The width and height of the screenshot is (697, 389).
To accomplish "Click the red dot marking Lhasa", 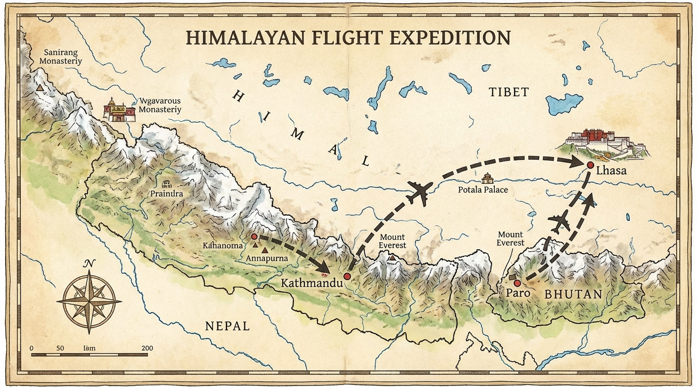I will (x=590, y=165).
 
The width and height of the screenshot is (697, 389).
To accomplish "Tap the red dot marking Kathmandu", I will (x=347, y=276).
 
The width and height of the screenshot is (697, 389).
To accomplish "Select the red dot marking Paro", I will (x=517, y=283).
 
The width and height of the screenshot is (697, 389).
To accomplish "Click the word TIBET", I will (x=509, y=92).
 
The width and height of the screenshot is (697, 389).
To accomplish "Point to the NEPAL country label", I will (x=227, y=326).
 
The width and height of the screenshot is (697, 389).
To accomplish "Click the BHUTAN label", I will (x=573, y=294).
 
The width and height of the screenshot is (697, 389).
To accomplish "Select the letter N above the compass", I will (x=89, y=263).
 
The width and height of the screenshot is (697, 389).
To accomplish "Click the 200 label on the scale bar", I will (x=147, y=348).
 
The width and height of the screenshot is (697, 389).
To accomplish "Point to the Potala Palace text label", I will (x=483, y=189).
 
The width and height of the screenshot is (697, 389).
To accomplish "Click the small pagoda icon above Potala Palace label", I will (x=487, y=178).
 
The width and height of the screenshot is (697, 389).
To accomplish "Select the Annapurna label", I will (x=266, y=258).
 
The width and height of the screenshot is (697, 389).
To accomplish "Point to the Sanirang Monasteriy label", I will (x=63, y=57).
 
